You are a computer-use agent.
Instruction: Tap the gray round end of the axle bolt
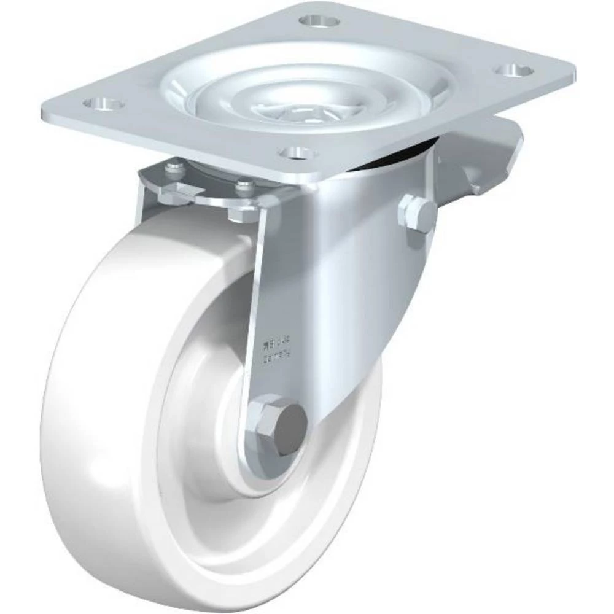coord(290,427)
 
